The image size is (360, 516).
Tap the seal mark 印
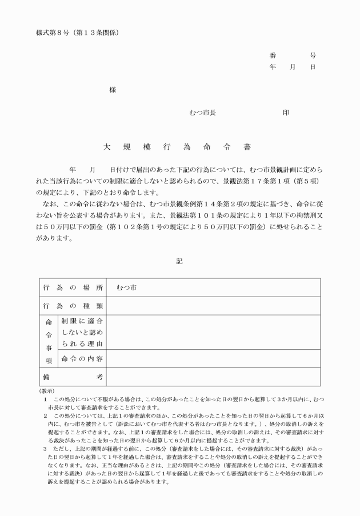[286, 113]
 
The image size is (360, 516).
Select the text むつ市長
[202, 113]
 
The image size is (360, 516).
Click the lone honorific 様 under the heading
[113, 90]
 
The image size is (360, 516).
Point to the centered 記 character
[179, 261]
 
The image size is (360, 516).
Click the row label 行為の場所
[73, 288]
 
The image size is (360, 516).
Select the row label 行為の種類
[73, 306]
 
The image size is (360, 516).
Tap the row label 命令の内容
[82, 358]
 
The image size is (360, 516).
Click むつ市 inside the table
[126, 288]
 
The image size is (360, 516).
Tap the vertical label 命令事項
[49, 341]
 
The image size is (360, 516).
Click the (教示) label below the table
[46, 390]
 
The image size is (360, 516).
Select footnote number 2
[45, 416]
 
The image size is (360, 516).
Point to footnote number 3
[45, 449]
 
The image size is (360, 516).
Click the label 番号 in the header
[293, 56]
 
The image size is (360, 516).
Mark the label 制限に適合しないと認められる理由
[82, 332]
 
